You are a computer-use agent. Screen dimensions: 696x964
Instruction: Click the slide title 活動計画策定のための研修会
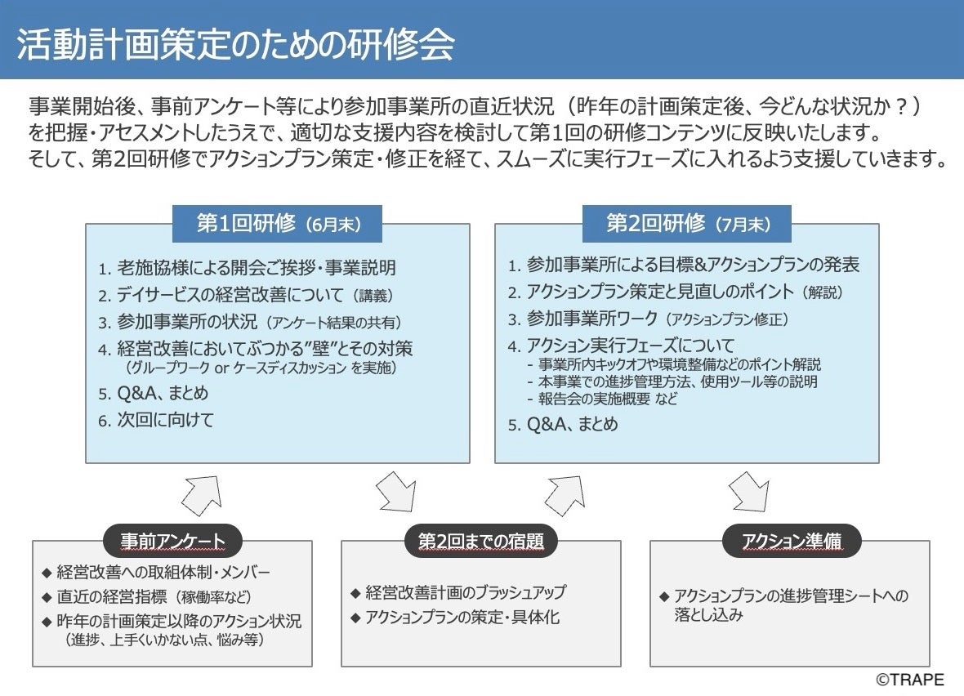[x=236, y=46]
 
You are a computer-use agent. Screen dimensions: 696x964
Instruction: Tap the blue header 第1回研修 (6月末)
[x=278, y=225]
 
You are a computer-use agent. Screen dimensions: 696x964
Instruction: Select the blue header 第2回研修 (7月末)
[x=687, y=225]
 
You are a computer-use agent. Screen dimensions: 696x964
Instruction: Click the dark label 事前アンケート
[x=172, y=541]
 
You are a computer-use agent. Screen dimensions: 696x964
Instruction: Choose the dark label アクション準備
[x=791, y=541]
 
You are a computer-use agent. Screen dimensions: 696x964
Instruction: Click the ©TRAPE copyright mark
[x=911, y=680]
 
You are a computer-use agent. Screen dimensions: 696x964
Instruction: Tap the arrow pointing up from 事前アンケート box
[x=200, y=493]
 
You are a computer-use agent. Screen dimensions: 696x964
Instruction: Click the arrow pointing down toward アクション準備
[x=748, y=493]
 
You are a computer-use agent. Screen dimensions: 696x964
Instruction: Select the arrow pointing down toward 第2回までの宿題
[x=396, y=493]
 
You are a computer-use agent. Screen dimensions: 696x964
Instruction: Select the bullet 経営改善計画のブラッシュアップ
[x=465, y=592]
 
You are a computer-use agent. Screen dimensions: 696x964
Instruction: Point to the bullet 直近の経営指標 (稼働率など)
[x=153, y=597]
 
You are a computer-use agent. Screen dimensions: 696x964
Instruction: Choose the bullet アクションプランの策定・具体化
[x=462, y=618]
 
